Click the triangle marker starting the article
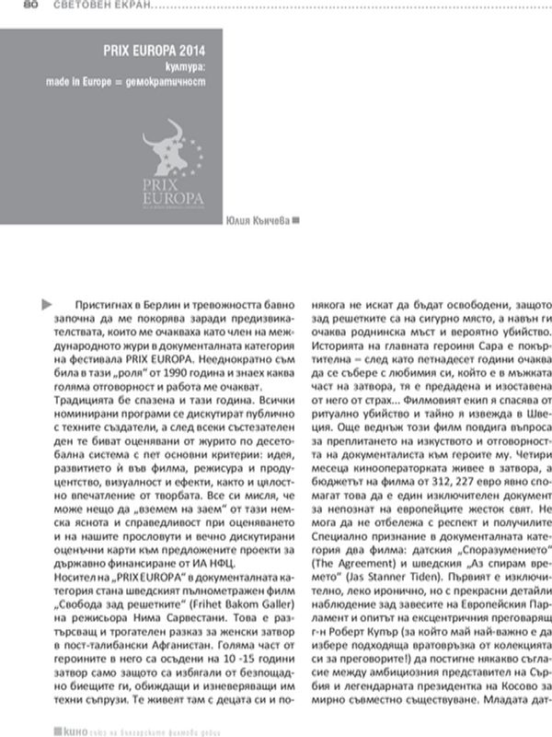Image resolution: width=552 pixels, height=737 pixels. coord(47,303)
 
